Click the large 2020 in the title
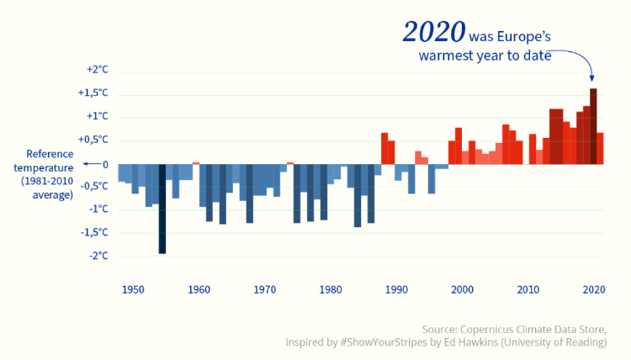(x=434, y=31)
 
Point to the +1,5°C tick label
(x=93, y=93)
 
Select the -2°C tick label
(x=98, y=256)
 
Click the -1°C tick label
(x=98, y=209)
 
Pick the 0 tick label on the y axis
(x=105, y=163)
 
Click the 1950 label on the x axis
(x=132, y=289)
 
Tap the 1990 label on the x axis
(x=396, y=289)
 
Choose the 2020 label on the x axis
(x=594, y=289)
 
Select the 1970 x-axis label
(x=264, y=289)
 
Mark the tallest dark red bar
(x=593, y=126)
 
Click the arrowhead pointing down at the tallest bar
(x=592, y=77)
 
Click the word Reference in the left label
(x=50, y=154)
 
